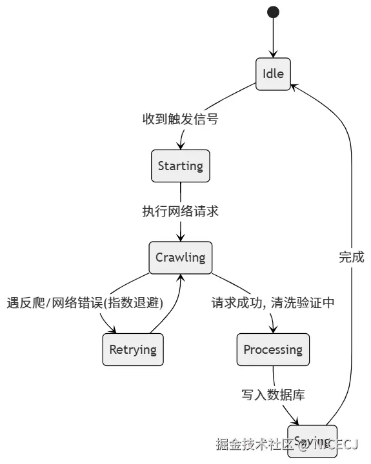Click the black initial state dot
[x=273, y=12]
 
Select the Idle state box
[x=273, y=74]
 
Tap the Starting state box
[x=180, y=166]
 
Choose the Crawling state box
[x=180, y=257]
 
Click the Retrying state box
[x=133, y=349]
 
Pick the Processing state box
[x=273, y=349]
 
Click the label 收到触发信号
[x=180, y=119]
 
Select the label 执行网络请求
[x=180, y=211]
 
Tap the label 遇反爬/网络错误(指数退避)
[x=85, y=303]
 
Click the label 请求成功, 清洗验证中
[x=273, y=303]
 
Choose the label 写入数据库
[x=273, y=395]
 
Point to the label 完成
[x=352, y=257]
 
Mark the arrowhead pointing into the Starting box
[x=181, y=146]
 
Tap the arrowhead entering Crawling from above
[x=180, y=238]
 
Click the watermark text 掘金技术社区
[x=252, y=445]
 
